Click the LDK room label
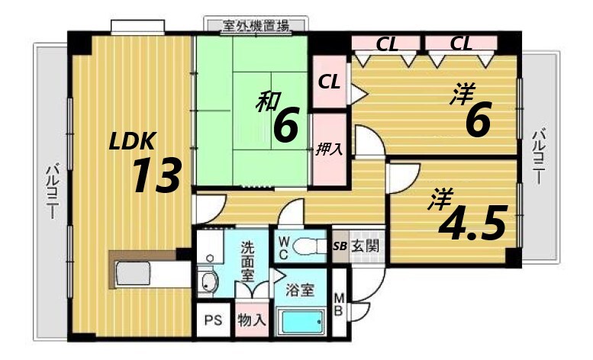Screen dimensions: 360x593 click(133, 140)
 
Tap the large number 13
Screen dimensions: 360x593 click(156, 176)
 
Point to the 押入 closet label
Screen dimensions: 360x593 click(329, 149)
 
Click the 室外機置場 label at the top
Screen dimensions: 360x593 click(256, 26)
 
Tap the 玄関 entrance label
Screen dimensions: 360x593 click(366, 246)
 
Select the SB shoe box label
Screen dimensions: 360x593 click(340, 246)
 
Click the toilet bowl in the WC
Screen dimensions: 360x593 click(309, 246)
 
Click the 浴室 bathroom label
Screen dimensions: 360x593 click(300, 290)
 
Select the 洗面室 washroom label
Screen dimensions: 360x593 click(249, 261)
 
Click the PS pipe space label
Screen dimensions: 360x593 click(212, 320)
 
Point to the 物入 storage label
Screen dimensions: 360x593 click(251, 320)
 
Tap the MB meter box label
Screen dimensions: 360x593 click(340, 304)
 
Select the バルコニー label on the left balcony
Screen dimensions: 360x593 click(52, 191)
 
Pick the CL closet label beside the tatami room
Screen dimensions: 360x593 click(330, 82)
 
